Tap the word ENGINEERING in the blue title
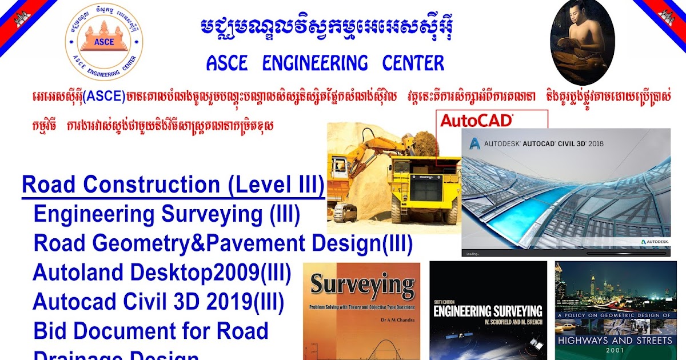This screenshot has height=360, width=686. (x=315, y=63)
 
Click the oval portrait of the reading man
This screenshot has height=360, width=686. (x=581, y=42)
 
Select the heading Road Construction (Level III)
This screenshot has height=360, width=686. (x=173, y=185)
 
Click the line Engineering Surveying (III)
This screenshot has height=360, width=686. (x=167, y=214)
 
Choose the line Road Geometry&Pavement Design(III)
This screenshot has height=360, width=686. (x=223, y=243)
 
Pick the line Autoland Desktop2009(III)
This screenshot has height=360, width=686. (x=162, y=273)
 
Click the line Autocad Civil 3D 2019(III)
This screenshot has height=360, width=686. (x=158, y=302)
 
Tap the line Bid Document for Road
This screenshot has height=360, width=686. (x=151, y=331)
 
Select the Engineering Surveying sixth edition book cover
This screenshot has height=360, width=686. (x=487, y=311)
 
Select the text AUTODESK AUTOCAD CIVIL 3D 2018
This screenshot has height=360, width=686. (x=543, y=144)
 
